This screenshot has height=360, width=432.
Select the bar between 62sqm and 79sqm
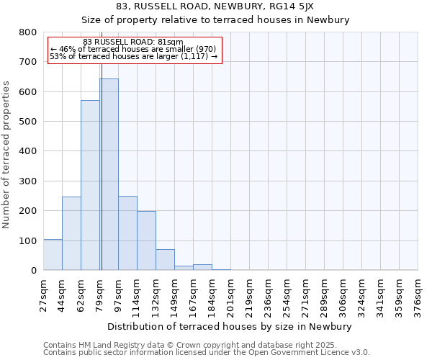(x=90, y=185)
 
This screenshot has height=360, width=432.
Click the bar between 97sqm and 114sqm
(x=127, y=233)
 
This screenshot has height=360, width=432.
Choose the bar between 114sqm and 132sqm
(x=146, y=240)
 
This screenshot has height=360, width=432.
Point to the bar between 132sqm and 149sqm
(x=165, y=260)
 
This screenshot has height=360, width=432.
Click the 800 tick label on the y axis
(x=28, y=32)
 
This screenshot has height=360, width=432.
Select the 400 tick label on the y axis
(x=28, y=151)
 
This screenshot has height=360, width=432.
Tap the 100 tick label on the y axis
(x=28, y=240)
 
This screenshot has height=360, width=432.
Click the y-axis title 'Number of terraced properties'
(x=7, y=155)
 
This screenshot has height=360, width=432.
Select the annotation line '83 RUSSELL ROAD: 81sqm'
(x=133, y=42)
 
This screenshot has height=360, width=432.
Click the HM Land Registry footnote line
(x=190, y=345)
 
